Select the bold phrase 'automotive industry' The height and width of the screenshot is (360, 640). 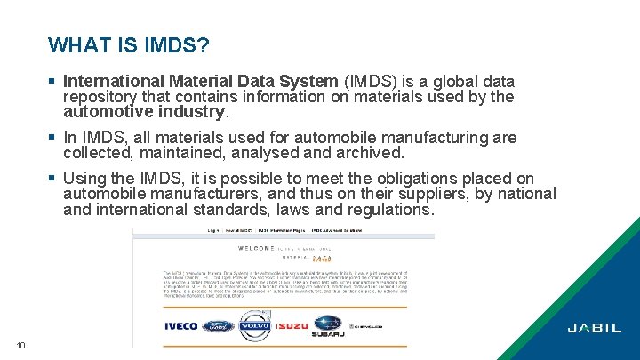[x=145, y=112]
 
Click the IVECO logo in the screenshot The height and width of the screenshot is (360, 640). [x=181, y=326]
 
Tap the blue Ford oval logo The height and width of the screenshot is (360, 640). [x=218, y=326]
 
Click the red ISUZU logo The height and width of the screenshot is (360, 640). [x=292, y=326]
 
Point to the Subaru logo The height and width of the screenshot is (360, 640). [x=328, y=325]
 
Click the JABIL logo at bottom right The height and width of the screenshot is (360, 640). [x=595, y=327]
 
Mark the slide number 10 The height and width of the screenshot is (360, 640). [x=20, y=346]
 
